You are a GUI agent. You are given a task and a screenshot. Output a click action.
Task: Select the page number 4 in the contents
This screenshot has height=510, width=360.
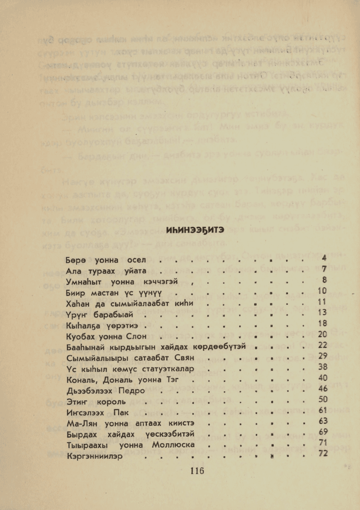tap(324, 258)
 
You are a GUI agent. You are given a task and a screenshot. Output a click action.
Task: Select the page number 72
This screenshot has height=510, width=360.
tap(322, 454)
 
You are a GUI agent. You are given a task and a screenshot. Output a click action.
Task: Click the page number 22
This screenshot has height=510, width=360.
tap(322, 345)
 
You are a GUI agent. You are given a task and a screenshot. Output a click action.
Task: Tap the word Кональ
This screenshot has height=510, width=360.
tap(81, 380)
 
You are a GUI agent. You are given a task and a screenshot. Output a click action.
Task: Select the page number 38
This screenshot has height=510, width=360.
tap(322, 367)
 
